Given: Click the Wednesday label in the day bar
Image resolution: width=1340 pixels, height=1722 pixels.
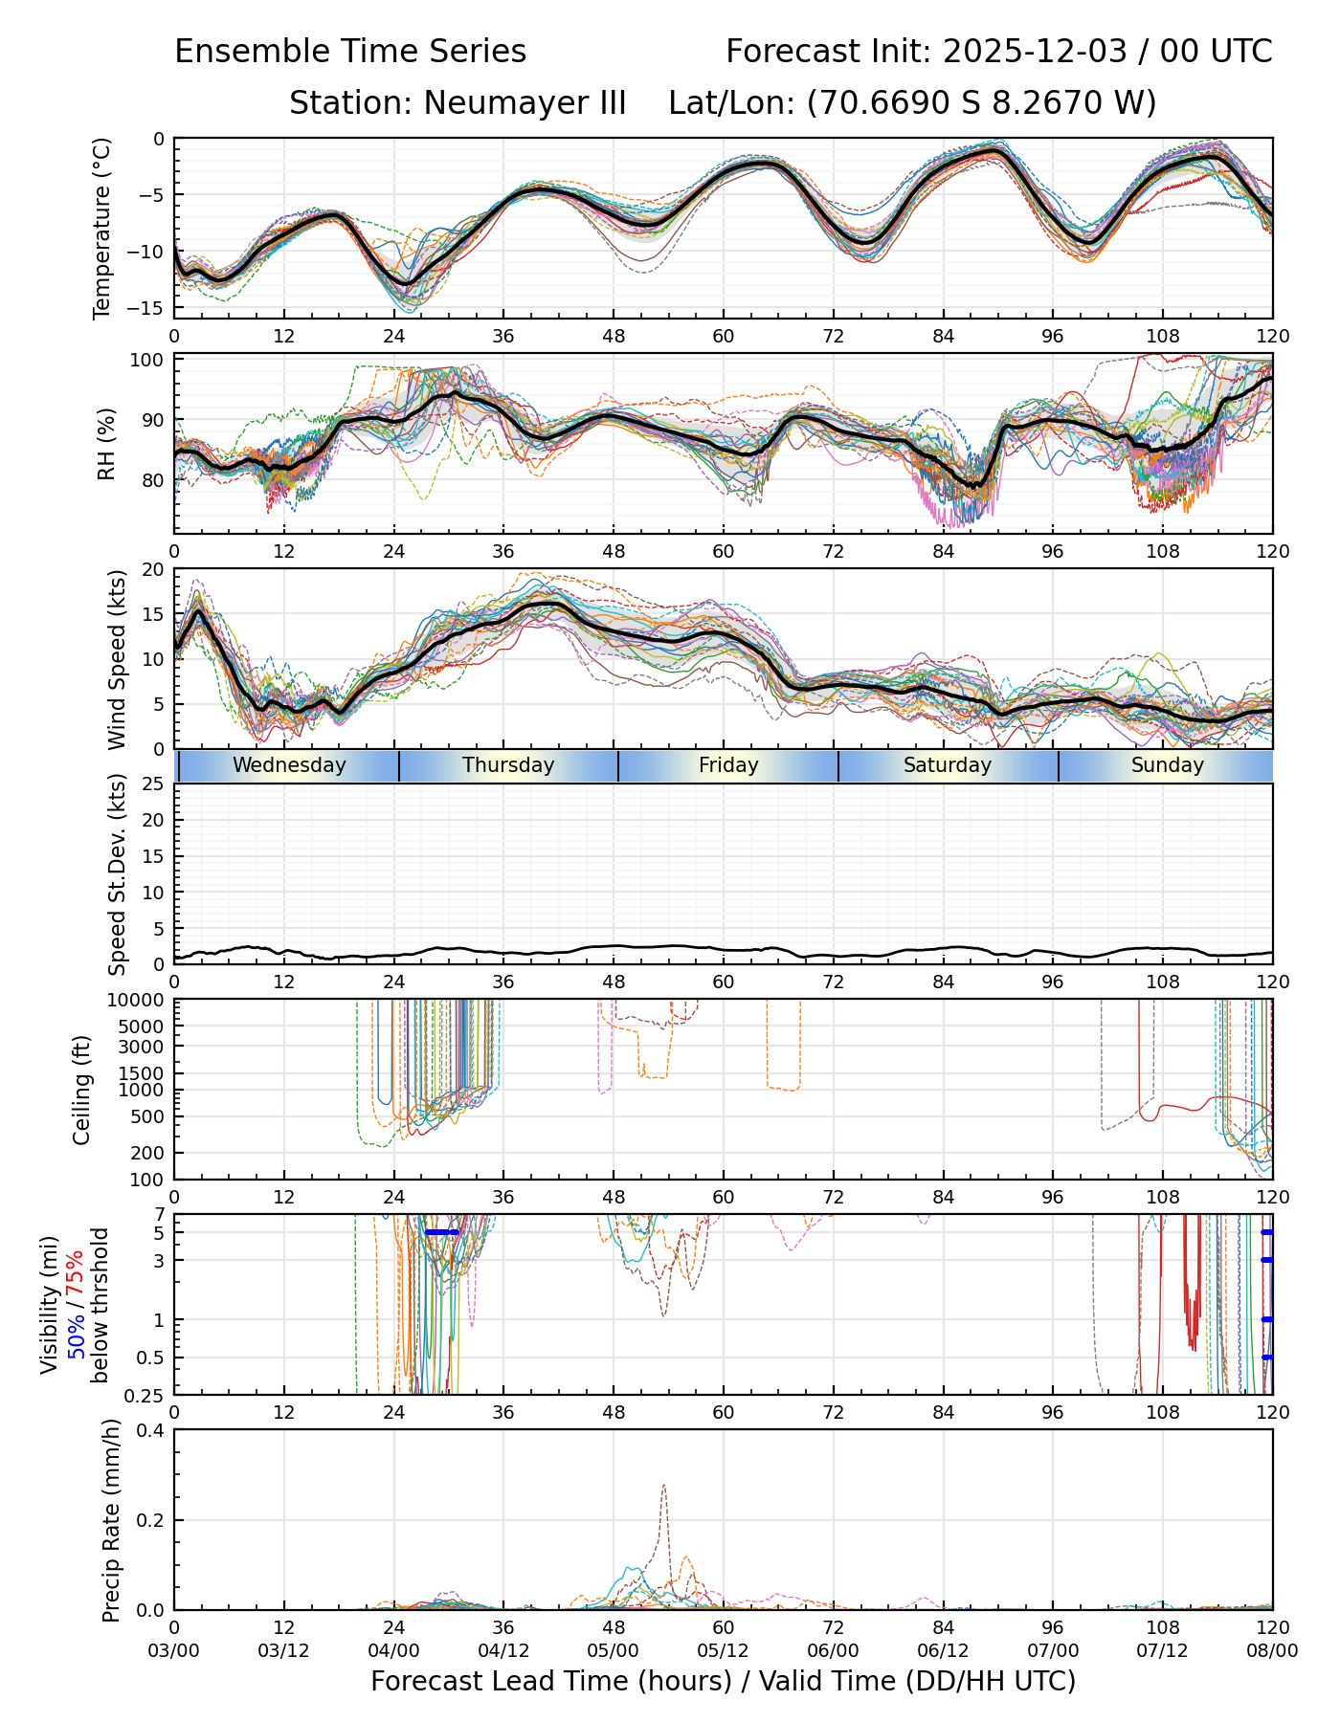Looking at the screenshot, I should tap(289, 765).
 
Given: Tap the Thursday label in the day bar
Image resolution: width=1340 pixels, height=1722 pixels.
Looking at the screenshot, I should tap(508, 765).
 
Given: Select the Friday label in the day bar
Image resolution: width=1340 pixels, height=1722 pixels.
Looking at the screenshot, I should tap(728, 765).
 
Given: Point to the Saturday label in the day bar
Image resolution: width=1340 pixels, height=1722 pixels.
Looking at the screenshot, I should tap(948, 765).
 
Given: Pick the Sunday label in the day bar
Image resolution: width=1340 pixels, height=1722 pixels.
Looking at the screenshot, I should tap(1167, 765).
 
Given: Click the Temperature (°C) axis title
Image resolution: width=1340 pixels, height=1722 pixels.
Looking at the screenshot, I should tap(102, 228).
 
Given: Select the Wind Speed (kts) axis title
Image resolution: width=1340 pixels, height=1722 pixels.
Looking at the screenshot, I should tap(117, 659).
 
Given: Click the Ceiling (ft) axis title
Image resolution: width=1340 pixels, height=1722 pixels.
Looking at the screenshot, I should tap(82, 1090).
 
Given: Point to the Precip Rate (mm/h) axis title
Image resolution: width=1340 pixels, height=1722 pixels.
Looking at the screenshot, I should tap(111, 1520).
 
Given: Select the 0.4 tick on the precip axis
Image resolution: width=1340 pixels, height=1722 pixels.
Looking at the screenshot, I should tap(151, 1430).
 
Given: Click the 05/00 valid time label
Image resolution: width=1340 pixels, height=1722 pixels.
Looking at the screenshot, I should tap(614, 1650).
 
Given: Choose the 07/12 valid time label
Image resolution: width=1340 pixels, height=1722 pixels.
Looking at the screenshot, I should tap(1162, 1650).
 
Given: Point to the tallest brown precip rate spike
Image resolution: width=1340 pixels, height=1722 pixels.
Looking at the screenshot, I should tap(663, 1486).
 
